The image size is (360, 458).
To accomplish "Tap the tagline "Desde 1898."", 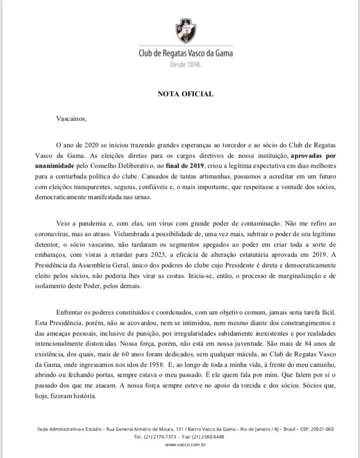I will pos(186,64).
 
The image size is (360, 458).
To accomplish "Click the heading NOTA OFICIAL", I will pos(185,94).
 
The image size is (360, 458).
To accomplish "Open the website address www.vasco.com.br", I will pos(186,445).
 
